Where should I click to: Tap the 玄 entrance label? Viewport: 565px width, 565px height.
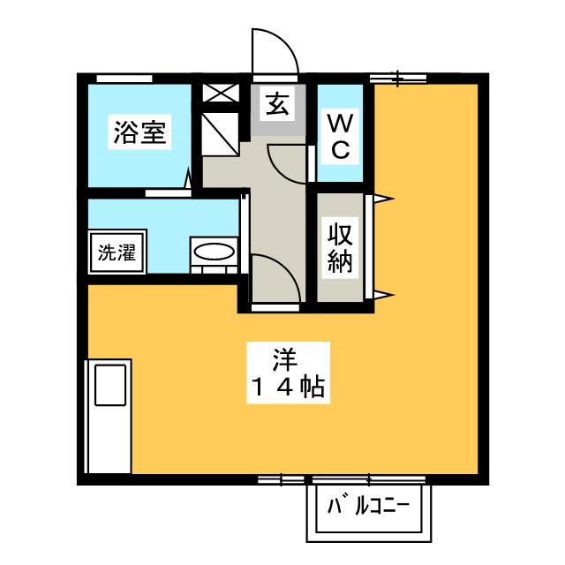click(275, 105)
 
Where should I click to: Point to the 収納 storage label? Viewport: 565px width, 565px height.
click(341, 248)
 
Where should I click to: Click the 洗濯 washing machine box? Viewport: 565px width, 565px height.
click(117, 252)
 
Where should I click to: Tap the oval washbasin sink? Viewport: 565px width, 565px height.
click(215, 252)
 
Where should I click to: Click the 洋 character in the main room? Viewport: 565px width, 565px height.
click(282, 360)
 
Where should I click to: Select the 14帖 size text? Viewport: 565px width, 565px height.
click(282, 387)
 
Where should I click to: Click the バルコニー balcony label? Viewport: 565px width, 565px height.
click(368, 509)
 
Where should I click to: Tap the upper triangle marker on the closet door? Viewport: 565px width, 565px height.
click(380, 199)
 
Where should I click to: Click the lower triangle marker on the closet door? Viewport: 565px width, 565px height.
click(380, 293)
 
